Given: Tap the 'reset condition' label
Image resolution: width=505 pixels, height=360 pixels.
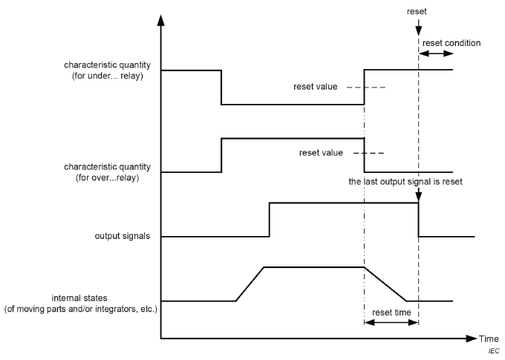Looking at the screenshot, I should point(451,43).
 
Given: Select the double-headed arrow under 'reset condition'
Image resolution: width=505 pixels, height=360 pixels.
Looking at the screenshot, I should point(436,55).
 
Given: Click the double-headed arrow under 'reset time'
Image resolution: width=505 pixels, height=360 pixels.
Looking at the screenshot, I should point(391,323).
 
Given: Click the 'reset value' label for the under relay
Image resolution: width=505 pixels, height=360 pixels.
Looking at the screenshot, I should point(317,87).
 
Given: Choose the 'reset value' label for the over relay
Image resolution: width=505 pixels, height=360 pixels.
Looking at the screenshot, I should point(321,153).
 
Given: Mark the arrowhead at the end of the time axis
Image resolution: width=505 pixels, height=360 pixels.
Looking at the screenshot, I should point(472,338).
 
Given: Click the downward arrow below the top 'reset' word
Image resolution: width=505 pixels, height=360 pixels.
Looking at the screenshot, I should point(419,28).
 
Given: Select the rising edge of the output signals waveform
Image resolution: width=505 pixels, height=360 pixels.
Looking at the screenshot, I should point(270,220).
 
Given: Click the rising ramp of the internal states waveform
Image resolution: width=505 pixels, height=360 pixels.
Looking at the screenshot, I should point(250,284).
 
